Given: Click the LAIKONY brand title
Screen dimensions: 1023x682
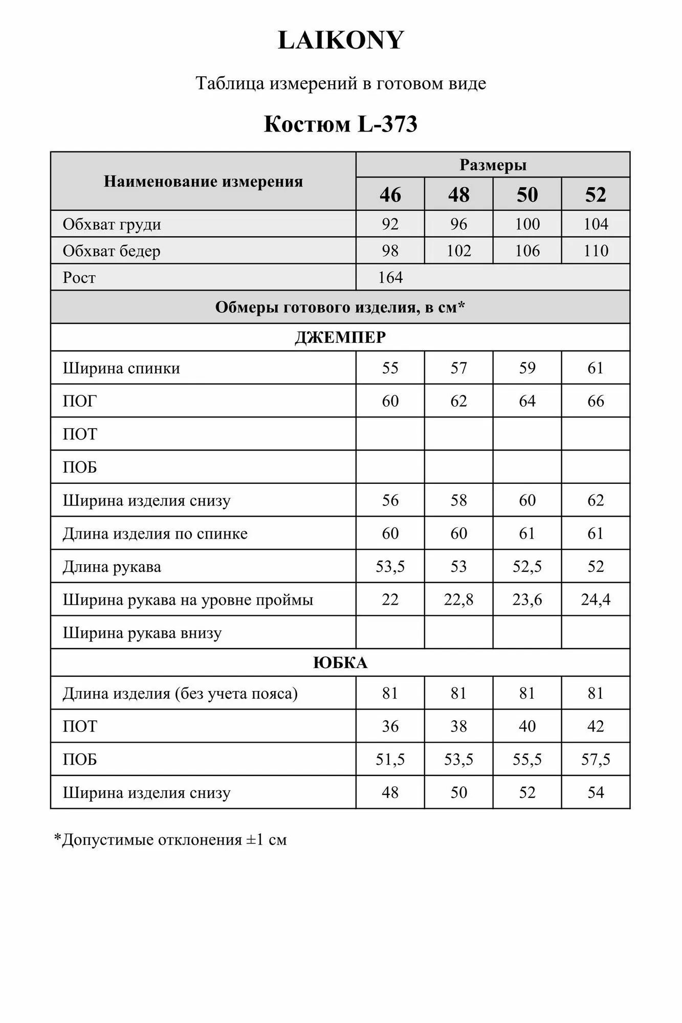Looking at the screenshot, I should point(341,40).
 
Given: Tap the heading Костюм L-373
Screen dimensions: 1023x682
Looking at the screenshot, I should point(341,124).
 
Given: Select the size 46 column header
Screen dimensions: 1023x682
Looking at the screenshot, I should point(390,194).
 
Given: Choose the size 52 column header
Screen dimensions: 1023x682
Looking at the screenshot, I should point(596,194).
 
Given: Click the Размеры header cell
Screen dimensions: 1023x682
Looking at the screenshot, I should point(493,165).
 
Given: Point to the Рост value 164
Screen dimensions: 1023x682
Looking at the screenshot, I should point(390,277).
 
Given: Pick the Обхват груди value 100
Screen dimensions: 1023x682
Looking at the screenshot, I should point(527,224).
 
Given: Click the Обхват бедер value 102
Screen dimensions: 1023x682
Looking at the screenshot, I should point(458,251).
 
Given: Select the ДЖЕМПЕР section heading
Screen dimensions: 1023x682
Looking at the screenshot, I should point(340,338).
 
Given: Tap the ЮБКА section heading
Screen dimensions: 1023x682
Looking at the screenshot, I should point(340,663).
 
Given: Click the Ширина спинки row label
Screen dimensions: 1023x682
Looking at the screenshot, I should point(121,368).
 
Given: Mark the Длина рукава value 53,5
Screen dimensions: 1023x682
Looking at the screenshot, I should point(390,566).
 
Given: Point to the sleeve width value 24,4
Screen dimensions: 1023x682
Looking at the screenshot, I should point(596,599).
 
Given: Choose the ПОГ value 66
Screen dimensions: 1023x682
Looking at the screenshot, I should point(596,401).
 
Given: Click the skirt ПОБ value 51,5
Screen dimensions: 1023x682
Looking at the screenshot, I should point(390,760).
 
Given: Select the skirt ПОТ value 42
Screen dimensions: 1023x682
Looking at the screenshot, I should point(596,726).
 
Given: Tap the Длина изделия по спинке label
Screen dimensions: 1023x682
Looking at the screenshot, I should point(155,533).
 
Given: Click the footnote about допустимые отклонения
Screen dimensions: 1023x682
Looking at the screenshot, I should point(170,840).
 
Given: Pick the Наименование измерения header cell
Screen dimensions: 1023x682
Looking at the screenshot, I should point(203,181).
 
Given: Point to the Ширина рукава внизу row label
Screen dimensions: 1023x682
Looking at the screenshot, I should point(142,633).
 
